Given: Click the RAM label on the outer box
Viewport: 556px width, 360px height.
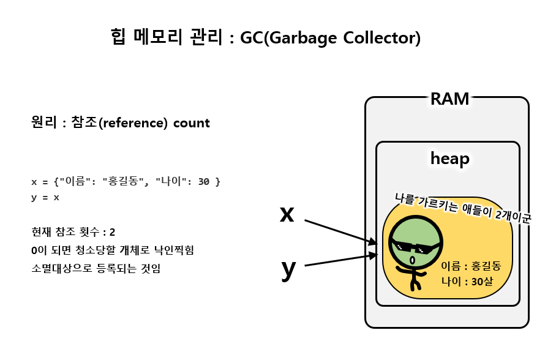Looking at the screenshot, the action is (449, 99).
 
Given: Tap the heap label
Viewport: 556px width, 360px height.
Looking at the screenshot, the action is (449, 159).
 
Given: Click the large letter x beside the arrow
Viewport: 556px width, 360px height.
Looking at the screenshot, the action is (287, 214).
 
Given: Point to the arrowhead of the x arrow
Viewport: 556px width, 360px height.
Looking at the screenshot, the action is (373, 242).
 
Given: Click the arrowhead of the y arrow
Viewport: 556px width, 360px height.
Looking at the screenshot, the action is (374, 255).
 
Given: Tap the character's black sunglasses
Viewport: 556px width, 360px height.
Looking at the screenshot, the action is (416, 247).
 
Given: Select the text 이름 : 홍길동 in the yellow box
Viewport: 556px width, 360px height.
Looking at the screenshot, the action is (471, 266).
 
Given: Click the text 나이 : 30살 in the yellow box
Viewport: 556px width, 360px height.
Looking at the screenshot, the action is (467, 282).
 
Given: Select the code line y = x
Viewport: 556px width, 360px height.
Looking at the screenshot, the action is (45, 198).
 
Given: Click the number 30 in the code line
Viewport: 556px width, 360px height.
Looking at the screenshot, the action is (205, 182).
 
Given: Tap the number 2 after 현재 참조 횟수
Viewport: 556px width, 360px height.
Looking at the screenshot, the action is (112, 232).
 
